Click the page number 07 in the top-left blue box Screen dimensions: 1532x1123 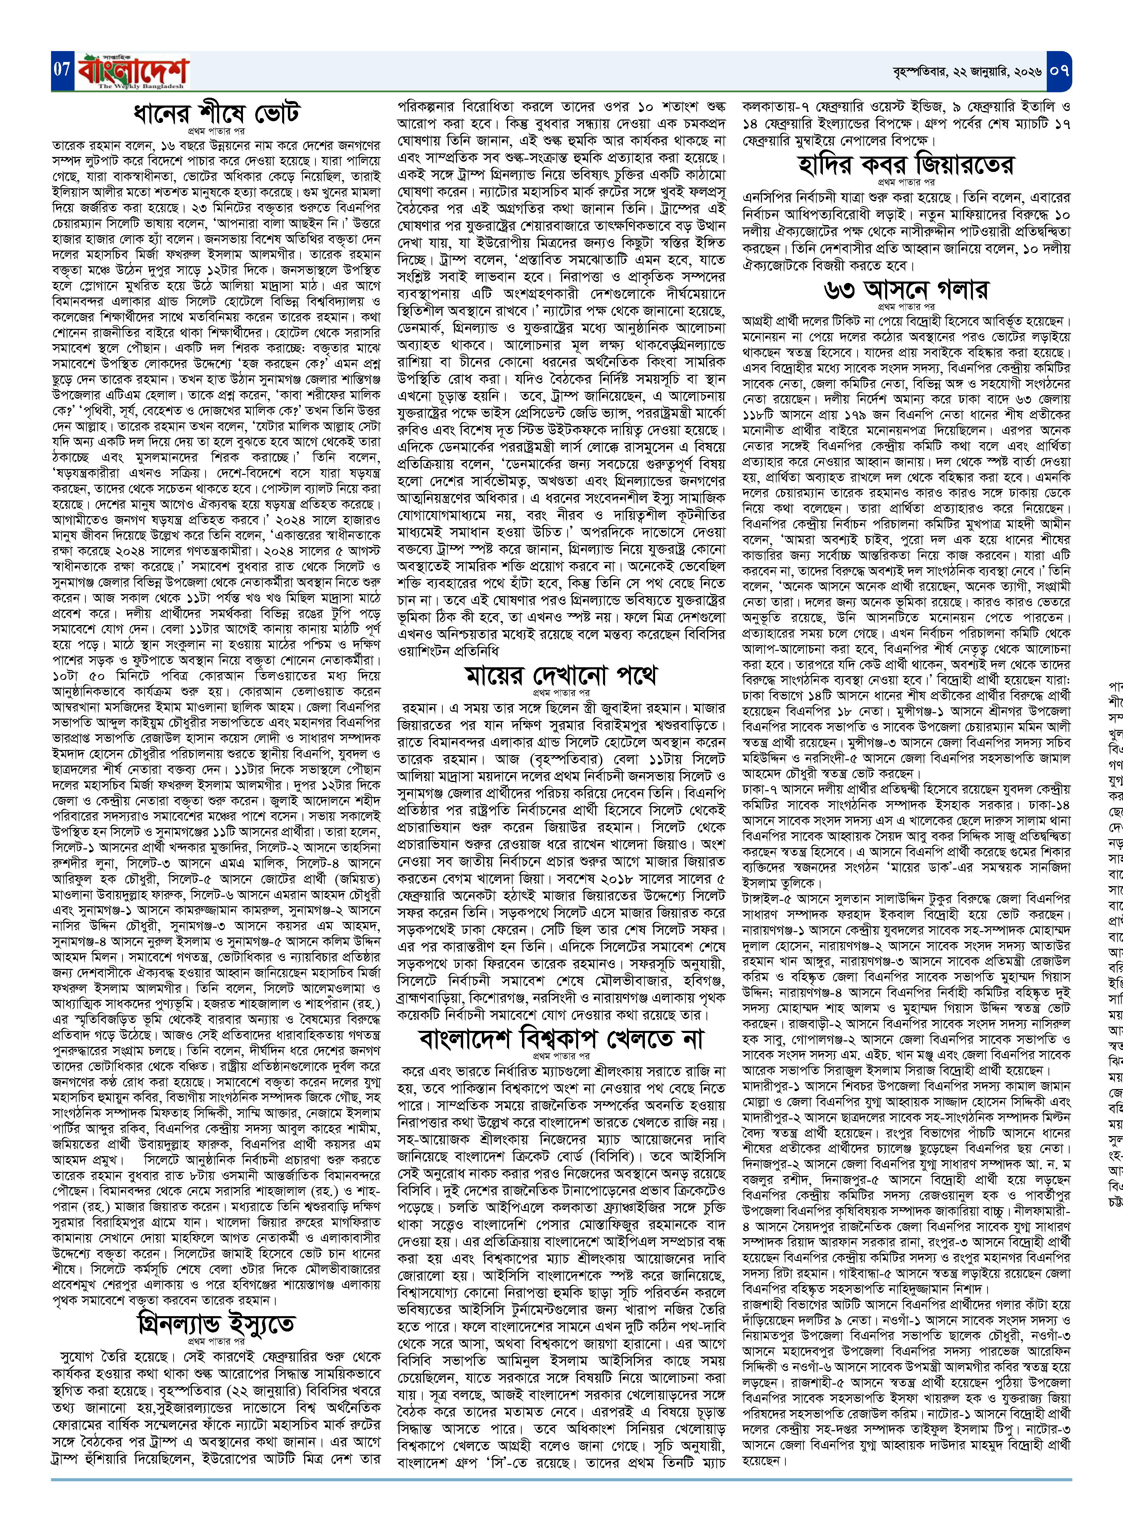click(x=62, y=69)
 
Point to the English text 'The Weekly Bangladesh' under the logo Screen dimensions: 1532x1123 click(x=141, y=86)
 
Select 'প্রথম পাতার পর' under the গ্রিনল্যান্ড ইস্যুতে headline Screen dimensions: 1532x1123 click(x=216, y=1341)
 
